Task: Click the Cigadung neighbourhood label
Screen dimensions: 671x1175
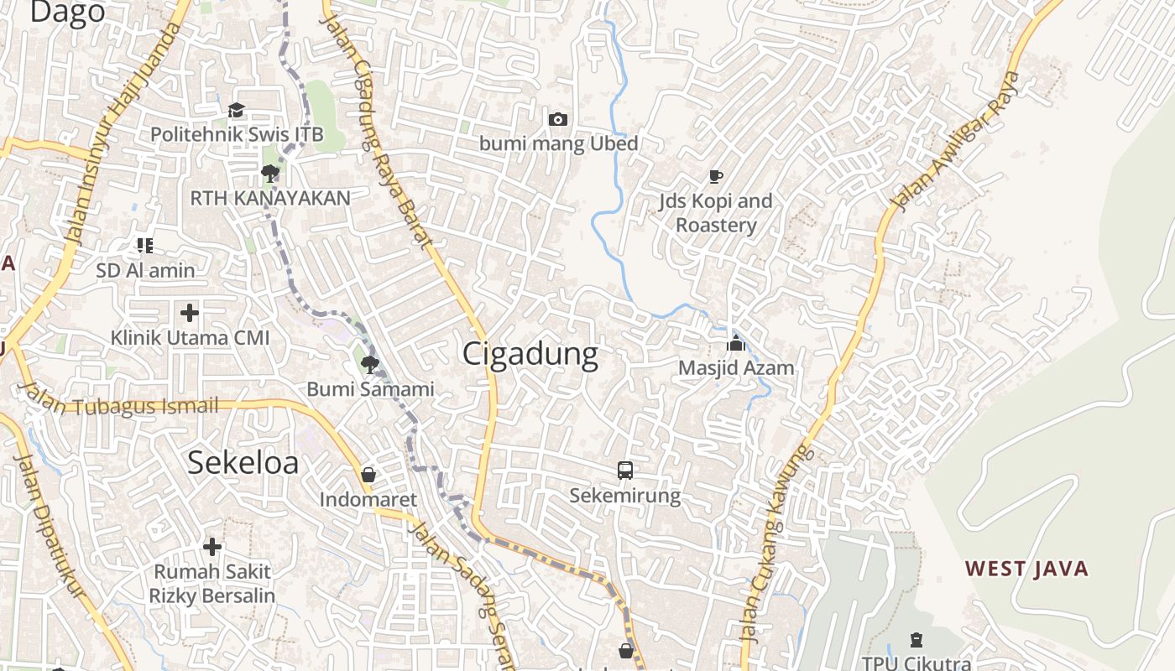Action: click(x=530, y=354)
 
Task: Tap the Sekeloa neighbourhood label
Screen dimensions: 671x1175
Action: click(x=243, y=462)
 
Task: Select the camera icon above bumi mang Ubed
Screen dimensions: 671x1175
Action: click(x=558, y=120)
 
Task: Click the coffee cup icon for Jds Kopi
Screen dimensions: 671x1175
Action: click(x=715, y=176)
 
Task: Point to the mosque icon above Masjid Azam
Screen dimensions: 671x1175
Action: click(x=736, y=343)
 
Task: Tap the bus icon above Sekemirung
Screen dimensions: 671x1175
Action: click(x=625, y=471)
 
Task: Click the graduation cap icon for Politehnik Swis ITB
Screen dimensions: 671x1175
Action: click(x=236, y=110)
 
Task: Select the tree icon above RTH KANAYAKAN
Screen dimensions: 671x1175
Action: click(x=269, y=174)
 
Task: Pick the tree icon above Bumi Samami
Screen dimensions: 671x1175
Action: click(x=369, y=364)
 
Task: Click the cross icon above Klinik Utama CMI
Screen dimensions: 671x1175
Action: click(x=190, y=313)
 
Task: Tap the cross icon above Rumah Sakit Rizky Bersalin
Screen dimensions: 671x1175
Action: click(x=212, y=547)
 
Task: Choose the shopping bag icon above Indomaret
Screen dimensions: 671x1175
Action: click(x=368, y=476)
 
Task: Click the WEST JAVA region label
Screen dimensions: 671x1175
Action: click(x=1026, y=569)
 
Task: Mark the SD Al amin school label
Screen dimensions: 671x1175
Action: click(x=145, y=270)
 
